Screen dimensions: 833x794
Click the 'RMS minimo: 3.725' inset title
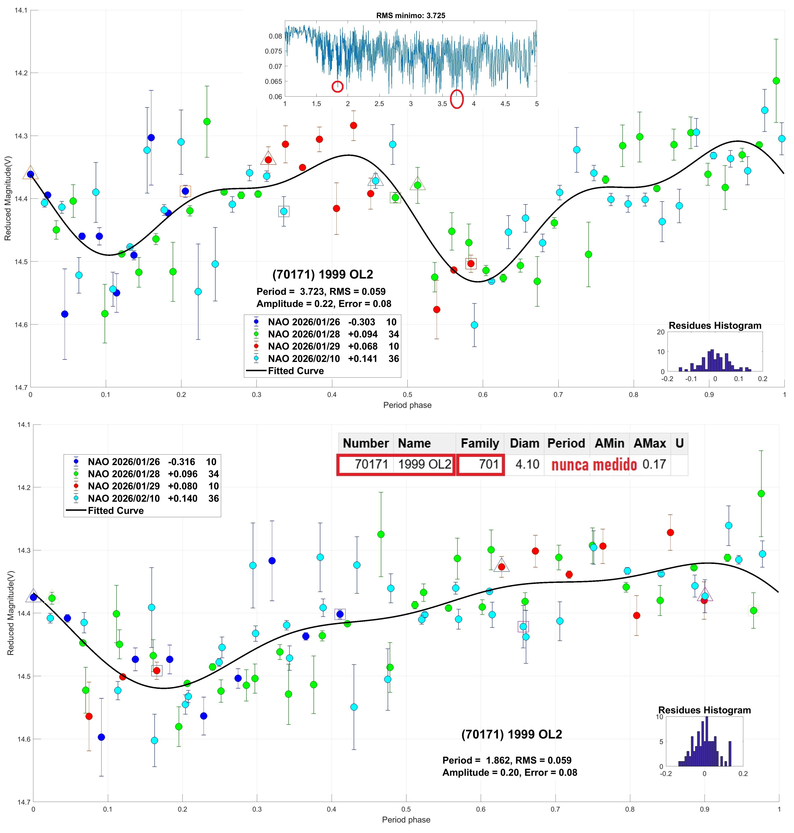tap(410, 16)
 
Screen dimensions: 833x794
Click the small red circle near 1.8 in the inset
tap(337, 86)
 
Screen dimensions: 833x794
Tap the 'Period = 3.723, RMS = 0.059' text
tap(321, 292)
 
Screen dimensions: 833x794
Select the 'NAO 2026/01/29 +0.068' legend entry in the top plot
tap(323, 346)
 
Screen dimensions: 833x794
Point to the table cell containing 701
tap(480, 464)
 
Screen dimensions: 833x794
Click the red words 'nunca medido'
tap(594, 465)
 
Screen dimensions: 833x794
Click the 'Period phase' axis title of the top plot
tap(407, 405)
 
